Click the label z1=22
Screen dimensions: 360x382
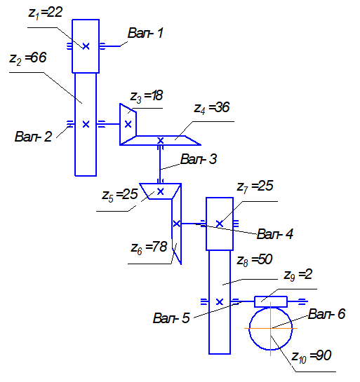(x=46, y=13)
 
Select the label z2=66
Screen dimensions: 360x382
(x=28, y=58)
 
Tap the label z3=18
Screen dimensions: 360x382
(x=147, y=96)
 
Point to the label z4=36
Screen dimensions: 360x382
(x=212, y=108)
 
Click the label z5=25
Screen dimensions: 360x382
(x=120, y=195)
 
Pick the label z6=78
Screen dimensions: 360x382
(x=149, y=247)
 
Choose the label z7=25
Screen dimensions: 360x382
(x=255, y=186)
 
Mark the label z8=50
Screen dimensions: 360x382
(x=255, y=260)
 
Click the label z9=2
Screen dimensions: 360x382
(x=298, y=275)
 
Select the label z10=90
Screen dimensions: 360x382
(x=312, y=357)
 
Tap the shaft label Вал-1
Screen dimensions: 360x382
(x=145, y=33)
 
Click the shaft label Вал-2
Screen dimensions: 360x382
(x=34, y=137)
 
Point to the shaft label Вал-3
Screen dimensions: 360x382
(x=199, y=159)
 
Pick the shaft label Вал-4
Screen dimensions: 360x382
(x=275, y=234)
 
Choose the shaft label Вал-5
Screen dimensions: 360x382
(x=171, y=318)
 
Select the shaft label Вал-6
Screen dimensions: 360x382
(x=327, y=314)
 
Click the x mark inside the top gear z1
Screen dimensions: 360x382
(x=86, y=46)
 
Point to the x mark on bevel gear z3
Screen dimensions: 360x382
(x=128, y=124)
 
